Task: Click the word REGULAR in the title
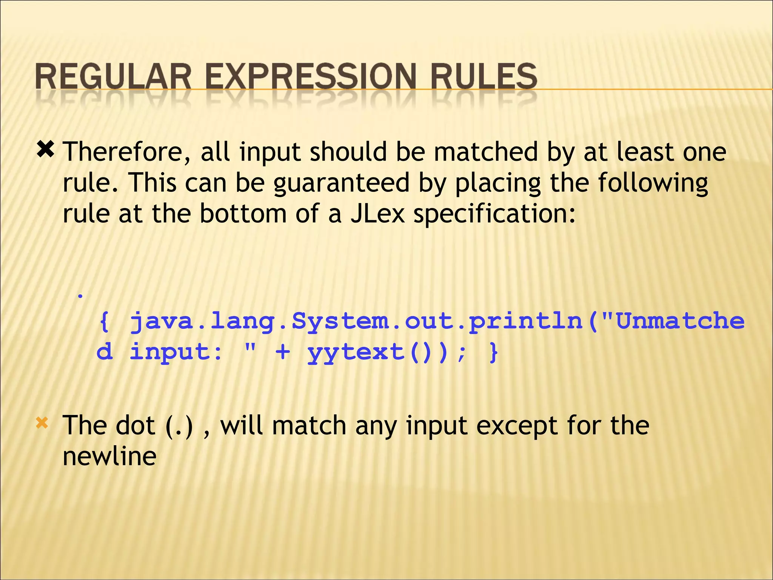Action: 113,77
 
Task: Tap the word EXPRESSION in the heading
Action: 311,77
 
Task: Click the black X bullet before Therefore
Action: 45,150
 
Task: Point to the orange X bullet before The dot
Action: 42,423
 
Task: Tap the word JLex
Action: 377,214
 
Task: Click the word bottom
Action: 243,214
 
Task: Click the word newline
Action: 109,456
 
